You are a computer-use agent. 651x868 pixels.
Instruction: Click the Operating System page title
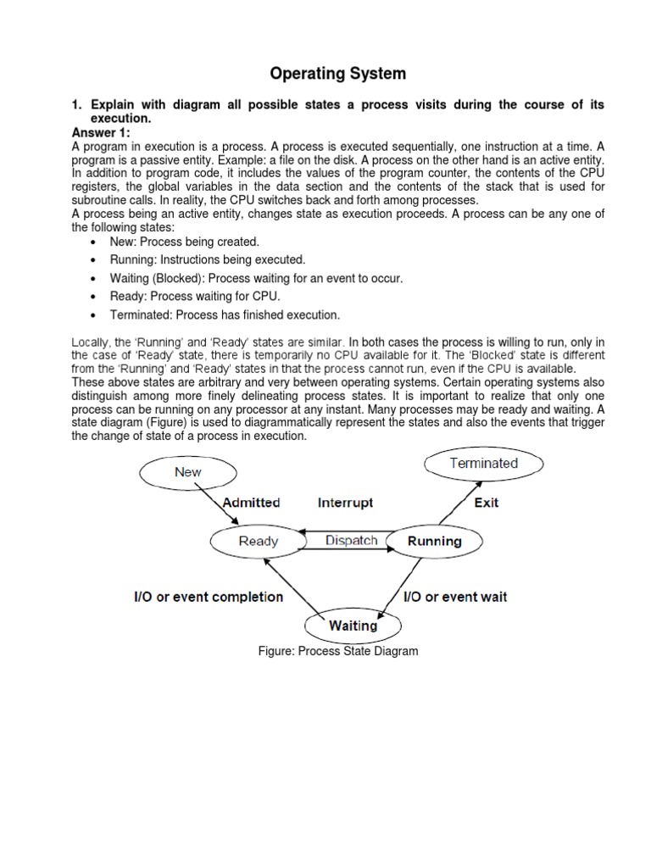pos(337,74)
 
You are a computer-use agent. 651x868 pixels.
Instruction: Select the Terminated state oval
pos(483,464)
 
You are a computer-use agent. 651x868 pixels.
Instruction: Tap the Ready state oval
pos(259,541)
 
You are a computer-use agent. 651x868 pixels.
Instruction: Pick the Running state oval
pos(435,541)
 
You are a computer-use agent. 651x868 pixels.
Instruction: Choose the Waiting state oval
pos(353,626)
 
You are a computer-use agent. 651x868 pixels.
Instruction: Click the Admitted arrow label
pos(251,503)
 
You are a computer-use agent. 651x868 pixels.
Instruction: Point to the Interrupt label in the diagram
pos(345,503)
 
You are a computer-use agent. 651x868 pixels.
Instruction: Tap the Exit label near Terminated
pos(486,503)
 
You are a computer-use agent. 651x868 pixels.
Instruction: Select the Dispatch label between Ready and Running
pos(351,540)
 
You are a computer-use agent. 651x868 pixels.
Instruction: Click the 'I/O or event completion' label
pos(209,597)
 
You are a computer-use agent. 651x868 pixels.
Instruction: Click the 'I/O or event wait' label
pos(454,597)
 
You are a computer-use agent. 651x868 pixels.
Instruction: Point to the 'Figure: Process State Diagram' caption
pos(338,651)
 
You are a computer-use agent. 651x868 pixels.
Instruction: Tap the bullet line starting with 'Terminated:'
pos(225,314)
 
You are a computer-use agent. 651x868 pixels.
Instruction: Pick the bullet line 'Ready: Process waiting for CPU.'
pos(195,296)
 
